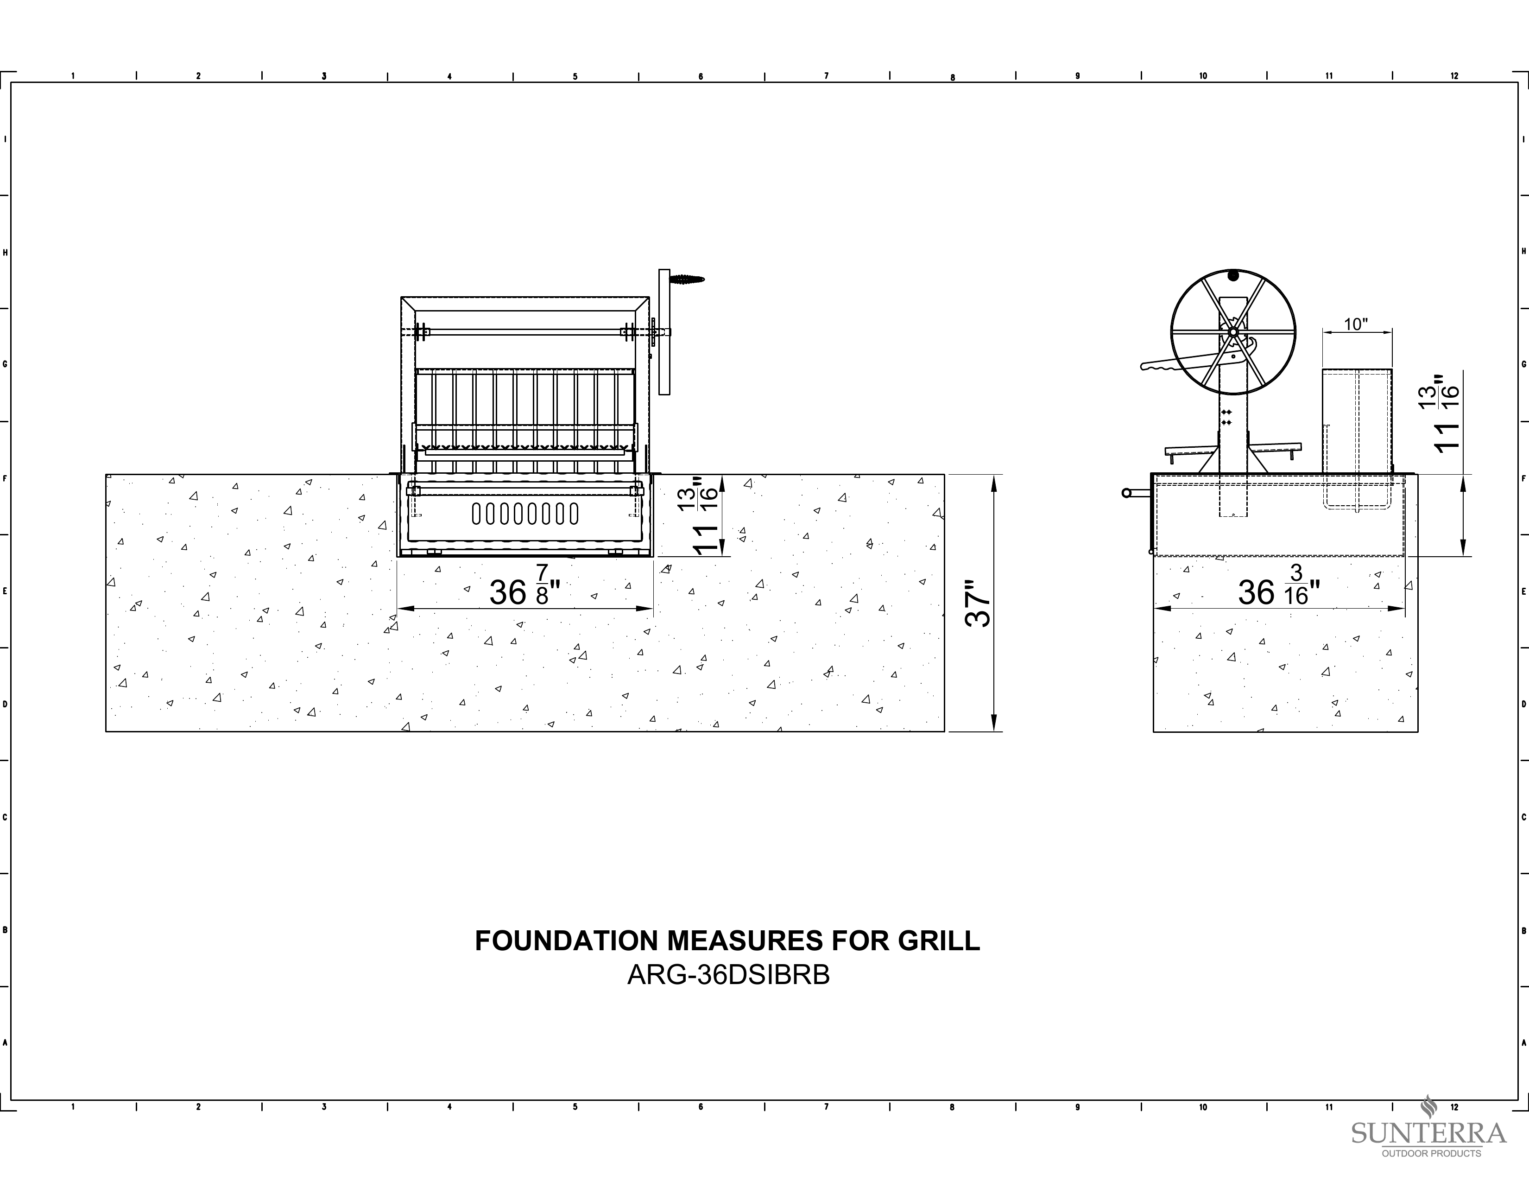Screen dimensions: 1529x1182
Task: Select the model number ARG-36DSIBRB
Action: pos(728,975)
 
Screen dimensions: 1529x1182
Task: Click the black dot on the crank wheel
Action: pos(1233,275)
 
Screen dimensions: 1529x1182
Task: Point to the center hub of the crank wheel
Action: pos(1233,332)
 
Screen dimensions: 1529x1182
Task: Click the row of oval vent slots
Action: pos(525,514)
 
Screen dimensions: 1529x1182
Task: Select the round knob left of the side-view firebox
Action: pos(1126,493)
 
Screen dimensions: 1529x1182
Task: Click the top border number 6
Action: pos(701,76)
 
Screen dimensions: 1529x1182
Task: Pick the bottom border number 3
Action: pos(324,1107)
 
